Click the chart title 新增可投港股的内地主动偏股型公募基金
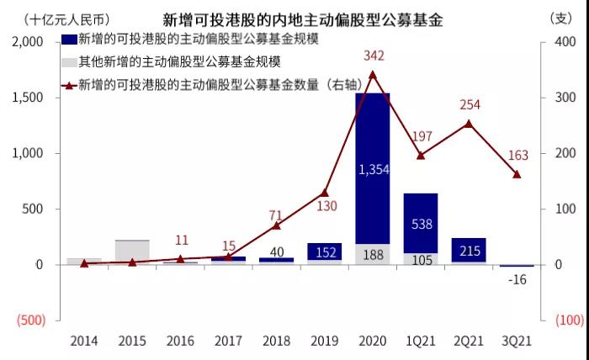click(x=303, y=19)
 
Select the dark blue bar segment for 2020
click(x=373, y=168)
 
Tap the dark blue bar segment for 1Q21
click(x=421, y=224)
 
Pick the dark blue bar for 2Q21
click(x=469, y=250)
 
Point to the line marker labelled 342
click(x=373, y=75)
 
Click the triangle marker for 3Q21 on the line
click(x=517, y=174)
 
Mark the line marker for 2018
click(x=277, y=225)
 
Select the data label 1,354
click(x=374, y=170)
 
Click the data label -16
click(x=517, y=279)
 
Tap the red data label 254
click(x=470, y=104)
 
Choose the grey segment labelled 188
click(x=373, y=255)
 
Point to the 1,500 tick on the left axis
click(x=28, y=98)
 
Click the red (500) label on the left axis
click(x=31, y=320)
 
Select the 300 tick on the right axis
click(x=565, y=98)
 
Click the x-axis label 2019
click(x=325, y=341)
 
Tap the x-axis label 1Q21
click(x=421, y=341)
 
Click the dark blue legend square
click(x=69, y=39)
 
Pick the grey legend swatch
click(x=69, y=62)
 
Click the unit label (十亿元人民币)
click(x=66, y=19)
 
